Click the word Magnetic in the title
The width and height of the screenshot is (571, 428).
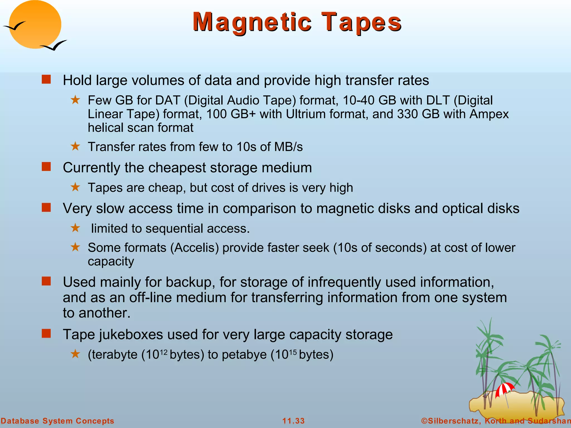click(x=252, y=22)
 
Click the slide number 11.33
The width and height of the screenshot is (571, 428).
click(x=293, y=421)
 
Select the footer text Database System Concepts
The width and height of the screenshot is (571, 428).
click(x=57, y=421)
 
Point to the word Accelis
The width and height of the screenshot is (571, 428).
click(x=195, y=248)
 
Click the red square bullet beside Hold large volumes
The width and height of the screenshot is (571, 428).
click(x=46, y=79)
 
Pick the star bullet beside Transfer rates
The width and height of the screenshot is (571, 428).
click(x=75, y=146)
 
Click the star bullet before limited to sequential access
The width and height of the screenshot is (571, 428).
click(x=75, y=228)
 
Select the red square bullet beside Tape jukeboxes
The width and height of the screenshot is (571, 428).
click(x=46, y=333)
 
